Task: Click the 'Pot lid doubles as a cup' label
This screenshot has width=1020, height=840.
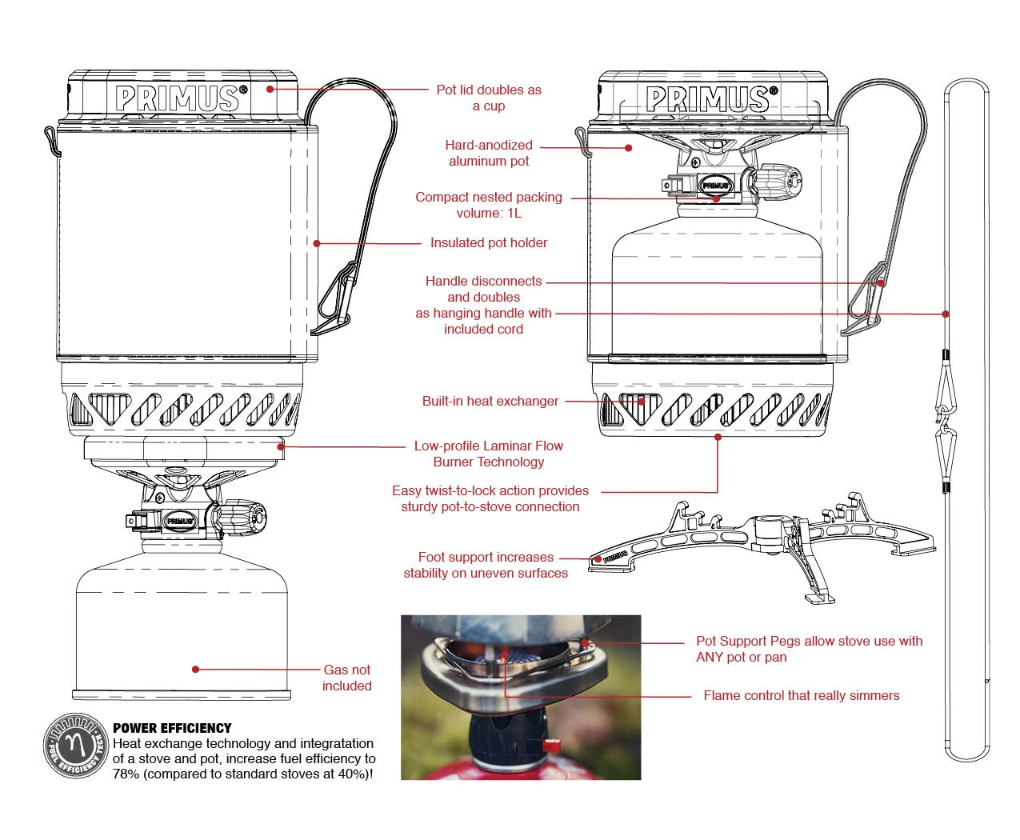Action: (489, 98)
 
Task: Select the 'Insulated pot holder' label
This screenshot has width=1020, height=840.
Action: (489, 242)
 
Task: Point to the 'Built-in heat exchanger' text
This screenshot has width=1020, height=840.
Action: (490, 401)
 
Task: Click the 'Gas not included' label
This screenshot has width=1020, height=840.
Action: (347, 678)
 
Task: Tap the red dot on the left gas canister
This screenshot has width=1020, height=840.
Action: (195, 669)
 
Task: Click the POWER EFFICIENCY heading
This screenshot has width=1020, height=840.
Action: (172, 728)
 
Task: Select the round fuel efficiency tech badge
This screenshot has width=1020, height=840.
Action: (75, 746)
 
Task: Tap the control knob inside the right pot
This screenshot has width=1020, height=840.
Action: (778, 182)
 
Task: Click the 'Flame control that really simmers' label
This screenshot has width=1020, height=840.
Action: (801, 695)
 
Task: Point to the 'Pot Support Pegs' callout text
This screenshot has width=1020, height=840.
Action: (809, 649)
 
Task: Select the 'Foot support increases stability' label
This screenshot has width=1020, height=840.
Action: (486, 565)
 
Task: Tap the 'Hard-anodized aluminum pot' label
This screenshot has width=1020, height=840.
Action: (489, 153)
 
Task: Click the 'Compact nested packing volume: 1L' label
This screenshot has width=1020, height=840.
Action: (489, 205)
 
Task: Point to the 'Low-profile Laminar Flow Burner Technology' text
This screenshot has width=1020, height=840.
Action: (489, 454)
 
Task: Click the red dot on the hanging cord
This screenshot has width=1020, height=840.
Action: (946, 314)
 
